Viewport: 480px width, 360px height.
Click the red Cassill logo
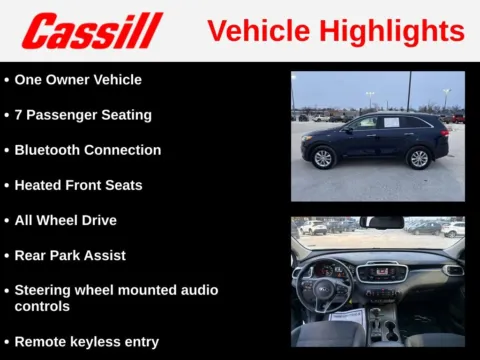(93, 31)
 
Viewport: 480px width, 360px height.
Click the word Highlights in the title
(400, 31)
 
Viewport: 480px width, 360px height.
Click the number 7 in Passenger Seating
(19, 115)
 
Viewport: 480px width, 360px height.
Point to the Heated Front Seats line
(78, 185)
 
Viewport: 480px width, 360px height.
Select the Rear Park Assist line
(70, 255)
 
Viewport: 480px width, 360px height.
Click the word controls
(42, 306)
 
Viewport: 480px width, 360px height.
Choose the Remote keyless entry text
(86, 341)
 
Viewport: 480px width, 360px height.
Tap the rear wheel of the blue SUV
(418, 158)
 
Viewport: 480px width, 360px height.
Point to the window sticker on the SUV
(392, 122)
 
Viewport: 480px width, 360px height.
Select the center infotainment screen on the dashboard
(379, 271)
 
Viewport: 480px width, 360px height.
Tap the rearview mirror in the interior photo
(380, 222)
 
